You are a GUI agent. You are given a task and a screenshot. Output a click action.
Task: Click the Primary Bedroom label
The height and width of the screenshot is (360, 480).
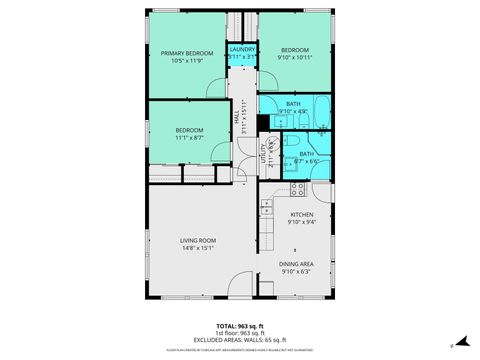[187, 54]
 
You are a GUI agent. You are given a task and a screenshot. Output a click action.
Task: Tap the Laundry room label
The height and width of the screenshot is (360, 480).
[242, 49]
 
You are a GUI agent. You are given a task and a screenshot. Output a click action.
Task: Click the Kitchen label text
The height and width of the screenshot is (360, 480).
[302, 215]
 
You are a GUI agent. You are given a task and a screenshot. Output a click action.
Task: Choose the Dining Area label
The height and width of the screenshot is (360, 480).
[302, 263]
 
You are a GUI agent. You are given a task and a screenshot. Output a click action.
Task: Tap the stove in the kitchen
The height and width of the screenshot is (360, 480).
[297, 187]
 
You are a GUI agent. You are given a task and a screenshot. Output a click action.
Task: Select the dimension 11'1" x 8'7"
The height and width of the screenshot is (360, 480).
[190, 138]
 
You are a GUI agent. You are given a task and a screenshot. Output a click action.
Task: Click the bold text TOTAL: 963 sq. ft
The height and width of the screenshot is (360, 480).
[240, 326]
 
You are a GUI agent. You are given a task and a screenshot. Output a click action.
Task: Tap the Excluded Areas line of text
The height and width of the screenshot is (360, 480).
[240, 341]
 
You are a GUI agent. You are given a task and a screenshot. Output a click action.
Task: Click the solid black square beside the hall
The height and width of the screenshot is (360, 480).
[263, 123]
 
